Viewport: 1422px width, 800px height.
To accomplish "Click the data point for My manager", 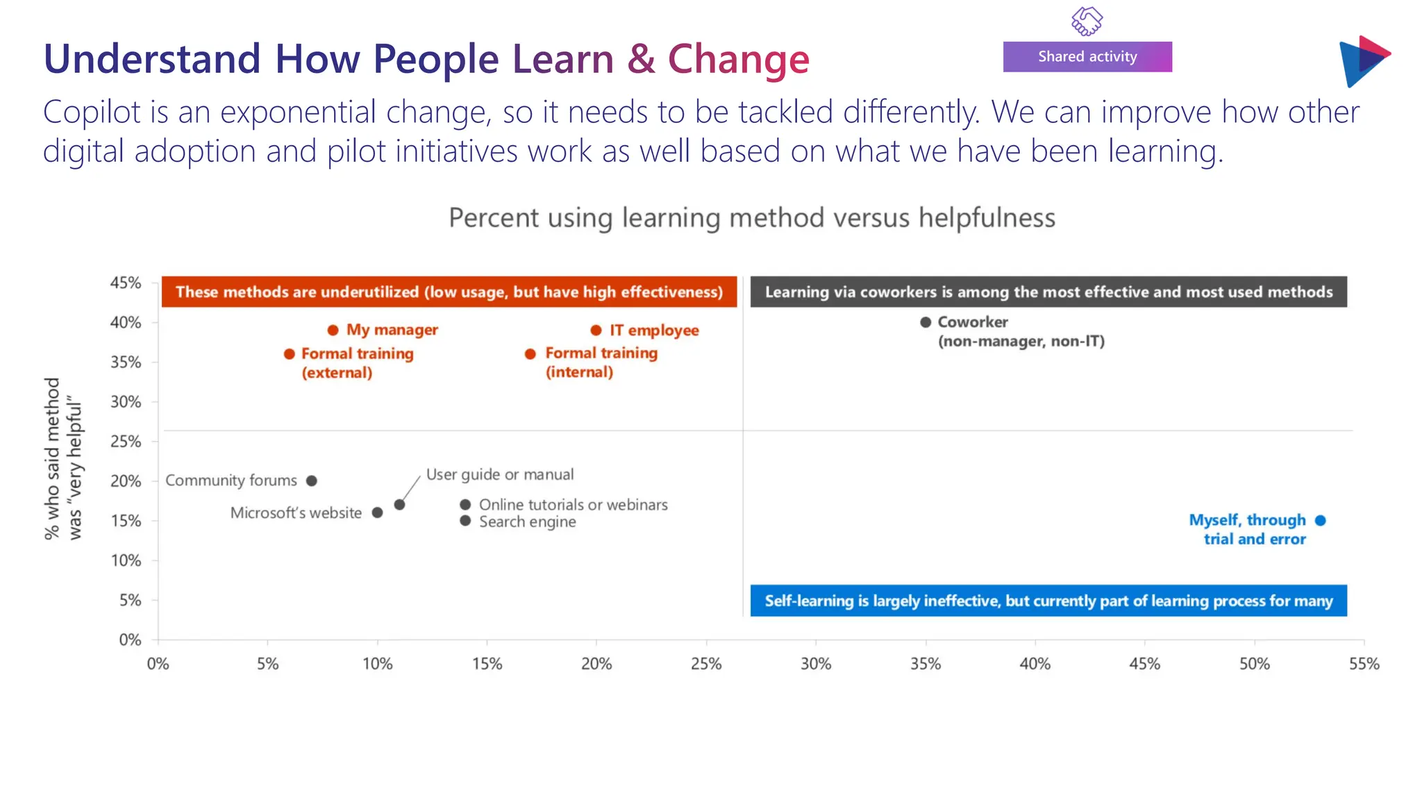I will click(x=333, y=330).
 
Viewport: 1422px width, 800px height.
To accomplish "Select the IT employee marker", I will click(x=596, y=330).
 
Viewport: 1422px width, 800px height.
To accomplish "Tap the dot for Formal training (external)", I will click(x=290, y=354).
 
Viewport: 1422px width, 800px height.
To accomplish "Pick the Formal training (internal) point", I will click(x=530, y=354).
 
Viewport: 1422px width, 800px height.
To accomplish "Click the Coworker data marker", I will click(x=926, y=322).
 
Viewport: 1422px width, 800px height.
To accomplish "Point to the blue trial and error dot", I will click(x=1321, y=520).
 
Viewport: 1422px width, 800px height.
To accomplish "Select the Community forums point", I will click(x=312, y=481).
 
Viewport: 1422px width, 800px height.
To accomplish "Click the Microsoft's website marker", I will click(x=377, y=512).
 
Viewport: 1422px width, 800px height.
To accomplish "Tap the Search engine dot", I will click(x=465, y=521).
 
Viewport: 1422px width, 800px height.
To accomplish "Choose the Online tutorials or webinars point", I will click(x=465, y=504).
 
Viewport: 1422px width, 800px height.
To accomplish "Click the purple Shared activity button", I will click(x=1087, y=57).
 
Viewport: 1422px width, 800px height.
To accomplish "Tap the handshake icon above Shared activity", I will click(x=1087, y=21).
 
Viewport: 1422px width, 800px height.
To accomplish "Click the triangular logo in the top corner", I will click(x=1363, y=61).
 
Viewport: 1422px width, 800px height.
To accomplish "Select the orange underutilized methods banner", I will click(x=449, y=292).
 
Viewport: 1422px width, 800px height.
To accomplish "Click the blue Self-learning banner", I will click(x=1048, y=601).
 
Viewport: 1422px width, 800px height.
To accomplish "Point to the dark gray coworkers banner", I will click(x=1048, y=292).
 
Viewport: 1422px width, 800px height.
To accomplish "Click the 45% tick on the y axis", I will click(x=126, y=283).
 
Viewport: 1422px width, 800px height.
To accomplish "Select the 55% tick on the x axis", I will click(x=1364, y=664).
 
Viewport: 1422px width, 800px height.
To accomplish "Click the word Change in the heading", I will click(x=738, y=59).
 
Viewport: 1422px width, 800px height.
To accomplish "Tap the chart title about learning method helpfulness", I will click(x=752, y=218).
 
